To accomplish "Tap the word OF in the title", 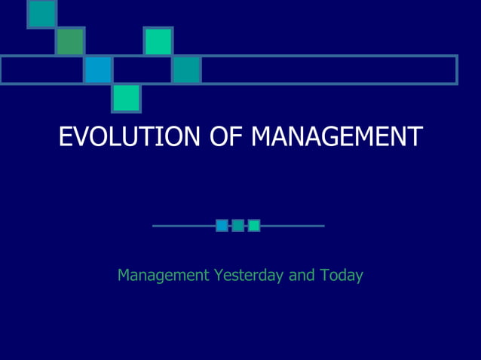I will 224,136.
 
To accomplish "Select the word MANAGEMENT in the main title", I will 336,136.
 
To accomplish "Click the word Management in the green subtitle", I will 163,276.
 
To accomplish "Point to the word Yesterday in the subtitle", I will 249,276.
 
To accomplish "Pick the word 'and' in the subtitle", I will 302,276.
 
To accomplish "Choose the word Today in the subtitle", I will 342,276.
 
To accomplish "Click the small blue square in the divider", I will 222,225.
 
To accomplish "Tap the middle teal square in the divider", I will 237,225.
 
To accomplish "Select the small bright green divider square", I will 254,225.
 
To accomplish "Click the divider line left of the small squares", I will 183,225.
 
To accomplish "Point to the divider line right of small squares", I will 293,225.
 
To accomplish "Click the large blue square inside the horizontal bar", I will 98,70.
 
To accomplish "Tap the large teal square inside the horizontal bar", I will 186,70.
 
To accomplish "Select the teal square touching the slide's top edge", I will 42,13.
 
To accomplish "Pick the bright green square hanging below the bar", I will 127,98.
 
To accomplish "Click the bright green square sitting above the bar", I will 158,41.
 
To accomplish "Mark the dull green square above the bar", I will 70,41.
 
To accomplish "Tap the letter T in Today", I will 324,276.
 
